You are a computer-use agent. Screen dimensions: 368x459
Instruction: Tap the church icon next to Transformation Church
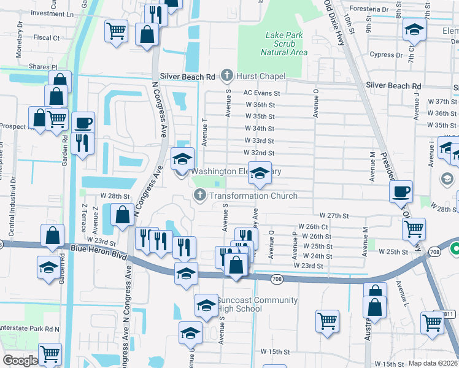tap(199, 196)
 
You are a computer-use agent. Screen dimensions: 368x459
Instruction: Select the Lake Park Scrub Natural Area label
tap(283, 44)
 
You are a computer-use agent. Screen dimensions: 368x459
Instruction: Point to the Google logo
tap(20, 360)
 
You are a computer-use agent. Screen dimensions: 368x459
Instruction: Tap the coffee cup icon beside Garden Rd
tap(83, 122)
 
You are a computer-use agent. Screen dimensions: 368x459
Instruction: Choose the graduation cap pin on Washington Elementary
tap(182, 158)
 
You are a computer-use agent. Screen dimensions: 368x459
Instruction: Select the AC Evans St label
tap(261, 93)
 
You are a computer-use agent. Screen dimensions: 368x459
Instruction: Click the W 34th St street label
tap(259, 129)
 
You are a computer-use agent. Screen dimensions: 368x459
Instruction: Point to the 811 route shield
tap(449, 314)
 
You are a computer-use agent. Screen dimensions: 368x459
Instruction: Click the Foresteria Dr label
tap(368, 10)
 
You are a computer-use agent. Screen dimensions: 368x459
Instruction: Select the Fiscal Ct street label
tap(47, 37)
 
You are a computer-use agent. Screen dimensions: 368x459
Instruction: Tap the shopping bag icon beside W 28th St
tap(122, 214)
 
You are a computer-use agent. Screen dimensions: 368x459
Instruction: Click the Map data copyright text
tap(433, 363)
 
